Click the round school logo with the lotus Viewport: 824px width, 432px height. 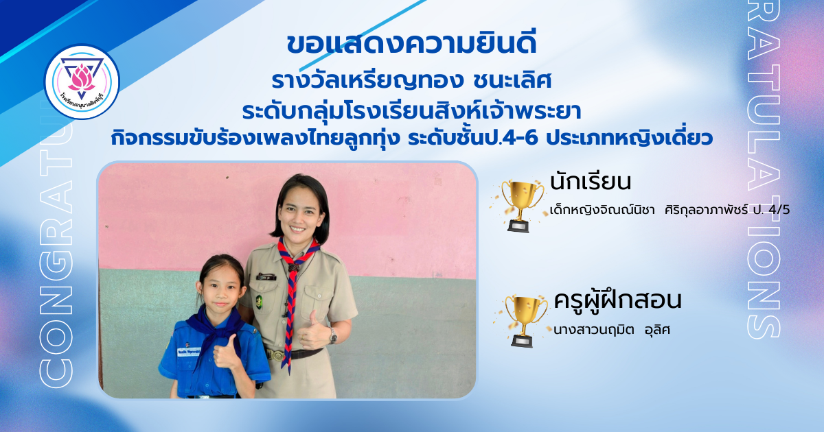click(82, 82)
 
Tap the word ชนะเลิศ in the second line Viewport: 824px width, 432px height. click(512, 80)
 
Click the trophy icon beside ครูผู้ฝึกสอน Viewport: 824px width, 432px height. click(523, 321)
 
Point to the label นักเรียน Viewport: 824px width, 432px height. click(591, 182)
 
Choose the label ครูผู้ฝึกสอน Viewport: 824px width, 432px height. click(617, 301)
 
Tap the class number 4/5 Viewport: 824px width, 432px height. click(779, 210)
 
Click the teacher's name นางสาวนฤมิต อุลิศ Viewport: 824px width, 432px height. click(611, 330)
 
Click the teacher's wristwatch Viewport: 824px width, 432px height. click(332, 336)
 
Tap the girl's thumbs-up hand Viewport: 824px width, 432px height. click(225, 352)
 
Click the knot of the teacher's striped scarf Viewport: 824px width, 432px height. click(293, 268)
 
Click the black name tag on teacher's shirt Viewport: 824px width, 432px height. click(266, 277)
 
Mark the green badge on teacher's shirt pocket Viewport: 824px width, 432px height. click(259, 302)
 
